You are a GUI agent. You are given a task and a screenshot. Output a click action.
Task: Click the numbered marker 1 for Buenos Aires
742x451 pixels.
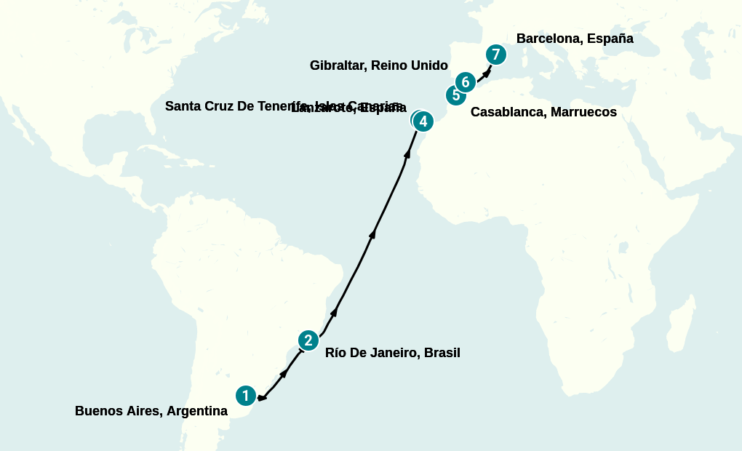click(x=246, y=396)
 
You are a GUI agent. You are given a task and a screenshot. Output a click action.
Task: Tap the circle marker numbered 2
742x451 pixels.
click(x=308, y=340)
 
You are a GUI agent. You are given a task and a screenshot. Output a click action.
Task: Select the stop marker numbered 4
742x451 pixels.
click(x=423, y=121)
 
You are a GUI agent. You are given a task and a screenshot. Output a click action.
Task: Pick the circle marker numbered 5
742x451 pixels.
click(x=455, y=95)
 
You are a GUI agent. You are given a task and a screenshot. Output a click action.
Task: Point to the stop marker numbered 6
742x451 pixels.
click(x=466, y=81)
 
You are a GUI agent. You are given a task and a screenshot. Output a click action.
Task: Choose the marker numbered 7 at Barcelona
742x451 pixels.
click(x=495, y=55)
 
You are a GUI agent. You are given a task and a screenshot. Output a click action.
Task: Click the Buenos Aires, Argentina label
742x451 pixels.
click(x=151, y=411)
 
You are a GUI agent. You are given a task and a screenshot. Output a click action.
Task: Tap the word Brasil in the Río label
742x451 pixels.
click(x=442, y=353)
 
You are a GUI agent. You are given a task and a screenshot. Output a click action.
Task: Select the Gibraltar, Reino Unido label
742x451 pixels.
click(x=378, y=65)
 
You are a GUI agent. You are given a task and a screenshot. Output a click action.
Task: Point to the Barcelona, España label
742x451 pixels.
click(x=575, y=39)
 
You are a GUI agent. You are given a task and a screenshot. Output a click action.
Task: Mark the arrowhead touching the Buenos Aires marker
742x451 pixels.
click(x=261, y=397)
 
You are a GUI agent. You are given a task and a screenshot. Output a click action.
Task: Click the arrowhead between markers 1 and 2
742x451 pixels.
click(x=284, y=372)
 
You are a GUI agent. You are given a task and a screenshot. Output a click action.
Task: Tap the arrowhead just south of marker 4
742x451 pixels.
click(x=406, y=153)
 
